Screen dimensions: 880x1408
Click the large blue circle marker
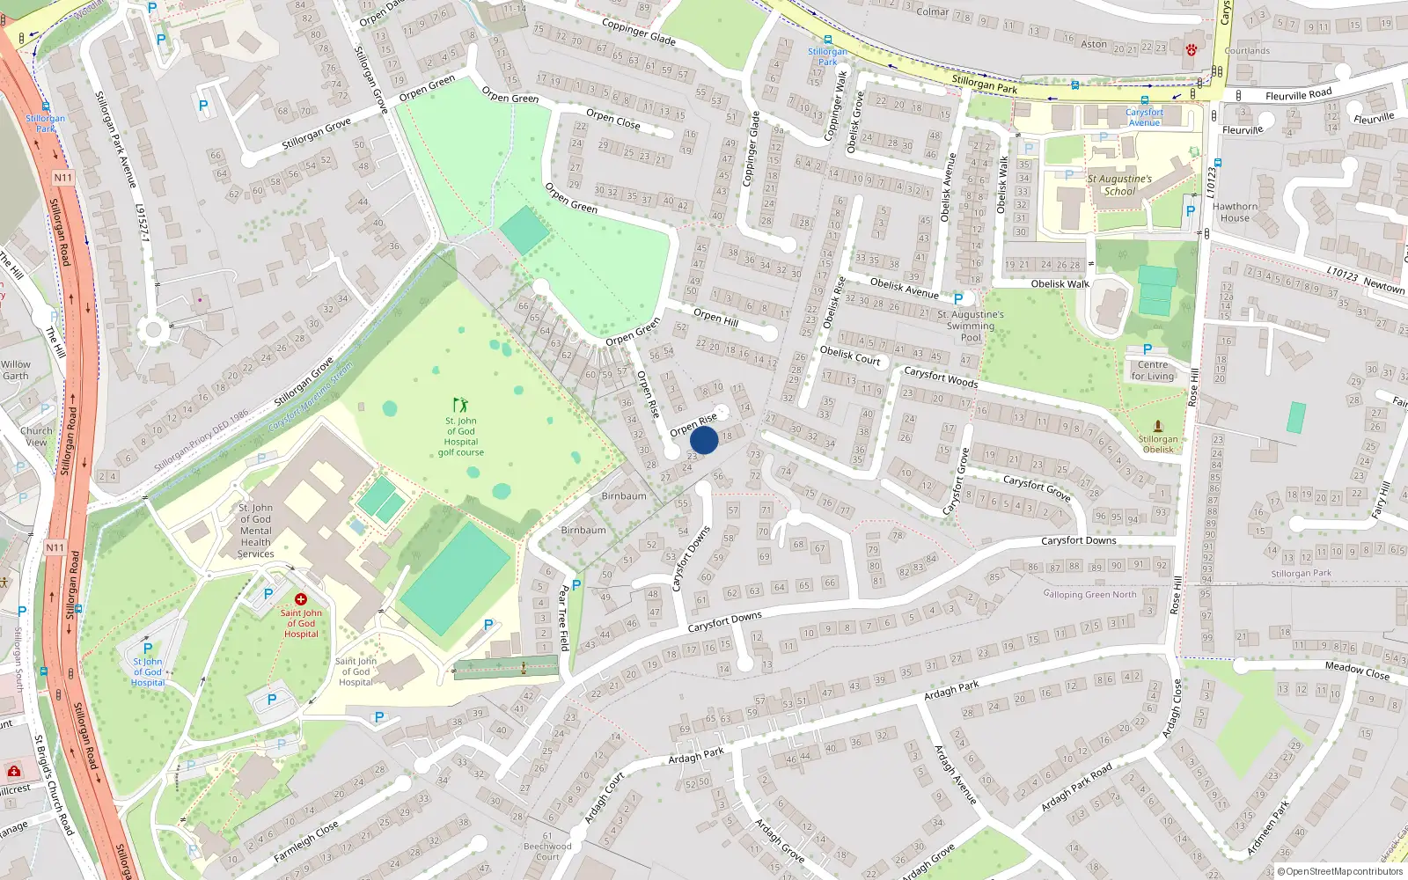[x=704, y=440]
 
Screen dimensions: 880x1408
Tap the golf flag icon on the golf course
[x=460, y=405]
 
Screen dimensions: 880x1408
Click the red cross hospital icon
[x=301, y=599]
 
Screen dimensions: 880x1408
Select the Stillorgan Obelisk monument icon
[x=1157, y=426]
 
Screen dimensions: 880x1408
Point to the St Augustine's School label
[x=1119, y=185]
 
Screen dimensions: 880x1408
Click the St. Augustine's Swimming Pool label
[x=970, y=326]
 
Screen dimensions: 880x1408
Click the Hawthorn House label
[x=1235, y=212]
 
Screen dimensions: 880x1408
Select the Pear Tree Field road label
[x=564, y=618]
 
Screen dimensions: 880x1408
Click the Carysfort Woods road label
[x=941, y=377]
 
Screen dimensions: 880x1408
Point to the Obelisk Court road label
[x=849, y=355]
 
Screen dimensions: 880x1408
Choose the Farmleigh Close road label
[x=305, y=841]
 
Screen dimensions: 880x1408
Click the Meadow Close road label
[x=1357, y=671]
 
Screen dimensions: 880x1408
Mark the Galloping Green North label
[x=1089, y=594]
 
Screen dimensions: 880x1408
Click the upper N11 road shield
[x=62, y=178]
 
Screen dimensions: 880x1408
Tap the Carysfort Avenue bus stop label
[x=1144, y=117]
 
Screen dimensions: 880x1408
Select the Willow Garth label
[x=15, y=370]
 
